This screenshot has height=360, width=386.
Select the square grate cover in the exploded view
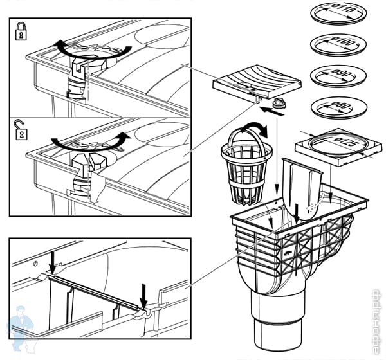point(257,83)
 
